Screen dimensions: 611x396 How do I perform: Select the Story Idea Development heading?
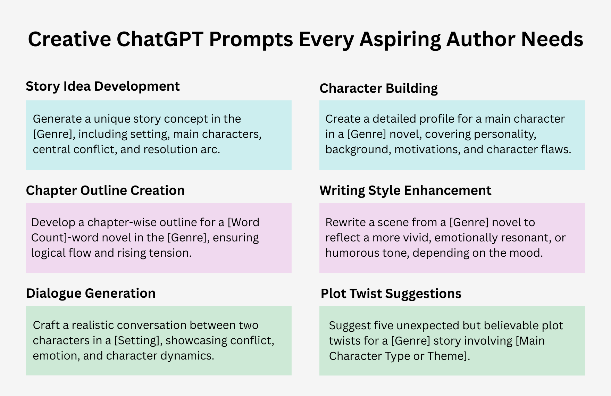pyautogui.click(x=103, y=86)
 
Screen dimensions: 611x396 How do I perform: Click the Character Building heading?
pyautogui.click(x=378, y=88)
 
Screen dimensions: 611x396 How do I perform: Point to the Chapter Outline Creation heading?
pyautogui.click(x=105, y=190)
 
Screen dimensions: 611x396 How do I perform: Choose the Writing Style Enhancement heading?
pyautogui.click(x=405, y=191)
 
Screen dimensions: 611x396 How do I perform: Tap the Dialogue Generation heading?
pyautogui.click(x=91, y=293)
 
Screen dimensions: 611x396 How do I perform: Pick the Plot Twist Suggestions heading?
pyautogui.click(x=391, y=294)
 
